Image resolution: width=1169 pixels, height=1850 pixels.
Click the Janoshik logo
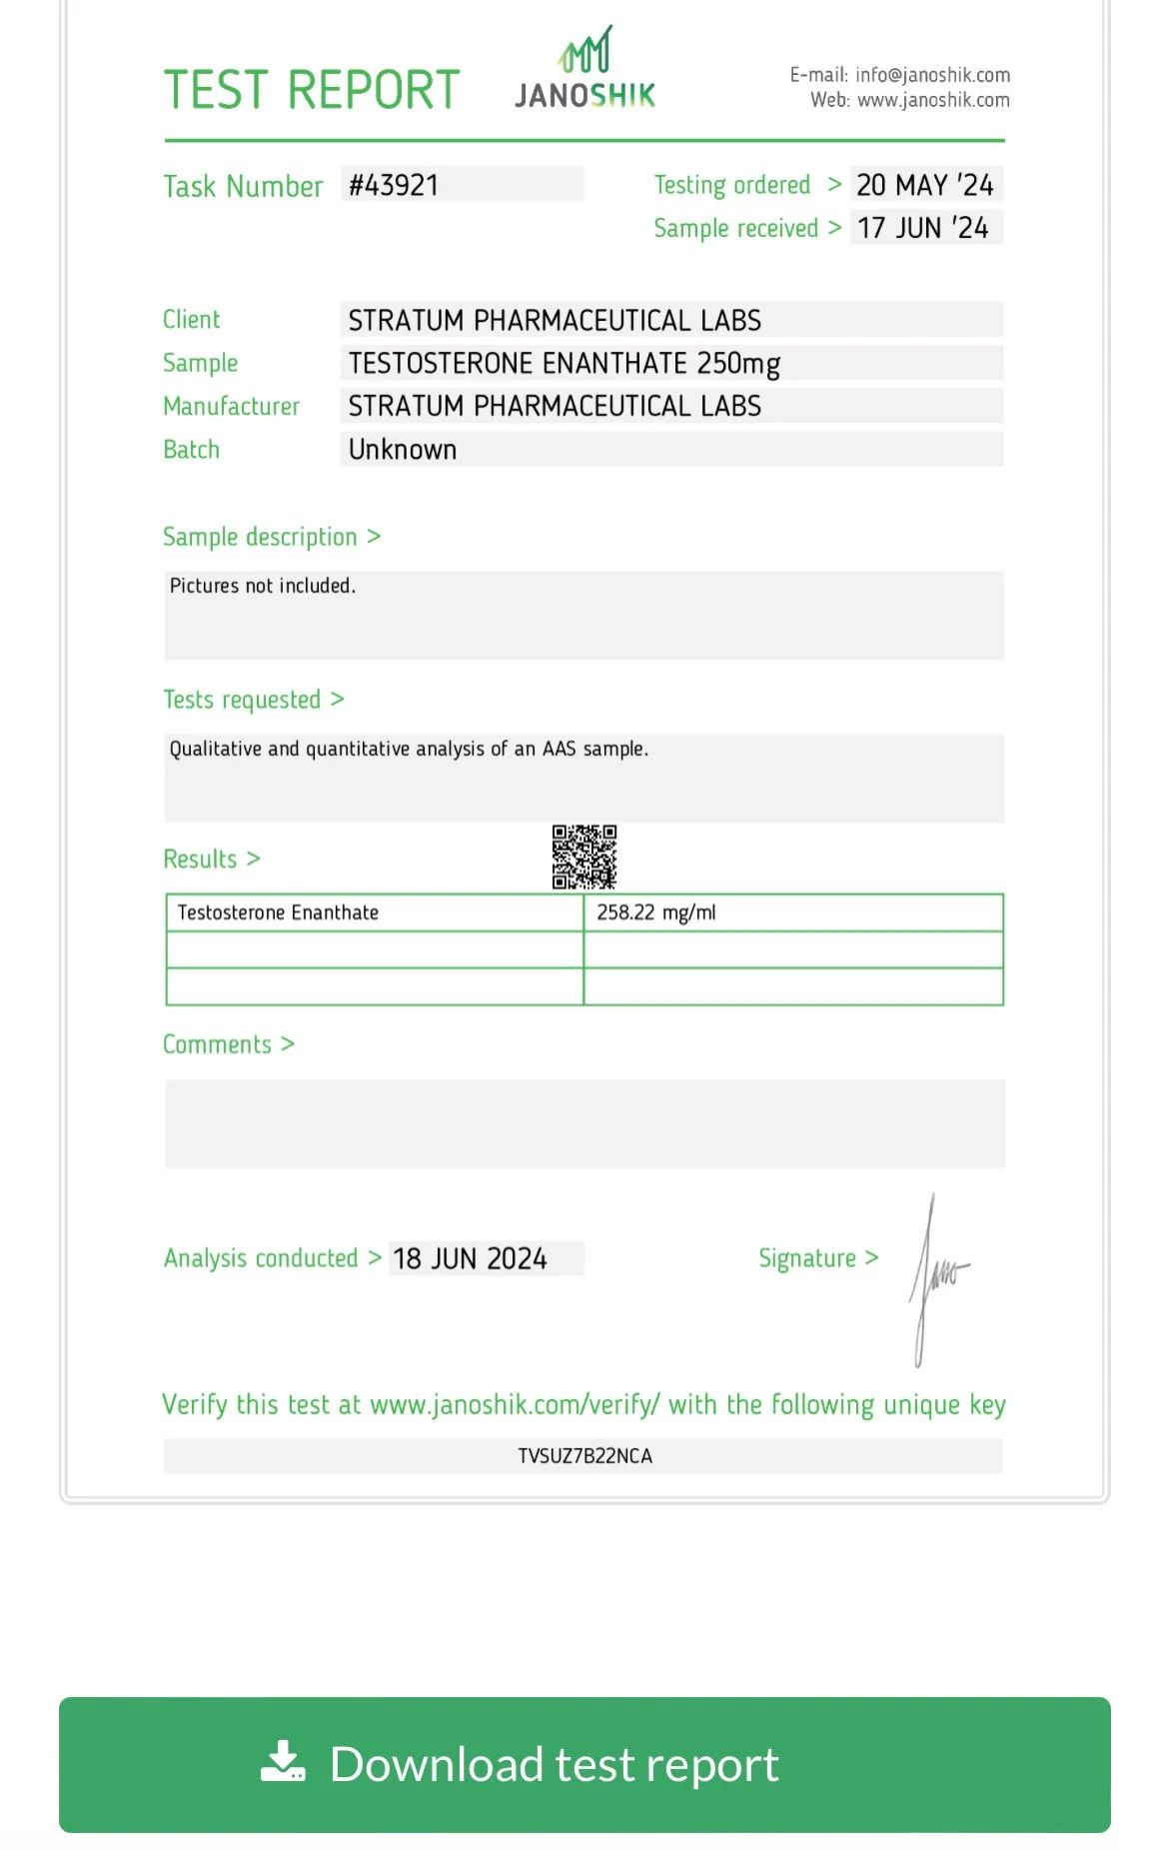click(584, 70)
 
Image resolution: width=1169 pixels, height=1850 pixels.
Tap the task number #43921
click(394, 185)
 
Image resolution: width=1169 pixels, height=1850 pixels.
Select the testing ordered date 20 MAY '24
click(925, 185)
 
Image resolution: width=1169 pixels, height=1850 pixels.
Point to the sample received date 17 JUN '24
click(923, 228)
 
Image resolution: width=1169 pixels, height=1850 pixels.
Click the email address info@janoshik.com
click(932, 75)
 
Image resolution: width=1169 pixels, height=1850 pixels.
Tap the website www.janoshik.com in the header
click(933, 100)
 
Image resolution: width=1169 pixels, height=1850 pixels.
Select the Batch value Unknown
click(403, 450)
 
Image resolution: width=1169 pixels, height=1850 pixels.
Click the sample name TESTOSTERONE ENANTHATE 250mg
click(564, 363)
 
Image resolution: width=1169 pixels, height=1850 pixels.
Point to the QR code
click(584, 857)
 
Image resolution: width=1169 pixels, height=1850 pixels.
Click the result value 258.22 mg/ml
click(656, 913)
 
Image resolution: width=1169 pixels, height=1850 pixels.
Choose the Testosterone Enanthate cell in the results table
click(279, 913)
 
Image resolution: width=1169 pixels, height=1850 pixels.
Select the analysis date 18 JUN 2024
click(470, 1258)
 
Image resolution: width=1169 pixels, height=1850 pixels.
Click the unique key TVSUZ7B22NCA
click(584, 1456)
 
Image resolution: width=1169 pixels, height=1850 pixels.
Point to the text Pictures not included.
click(263, 586)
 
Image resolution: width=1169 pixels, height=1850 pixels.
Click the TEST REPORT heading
click(312, 90)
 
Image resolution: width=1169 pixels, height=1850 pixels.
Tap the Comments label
click(218, 1044)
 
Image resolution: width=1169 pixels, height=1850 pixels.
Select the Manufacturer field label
click(232, 407)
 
